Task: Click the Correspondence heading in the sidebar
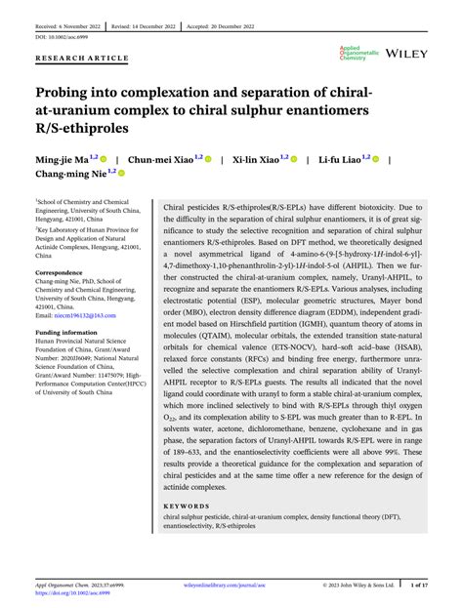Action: pos(61,272)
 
